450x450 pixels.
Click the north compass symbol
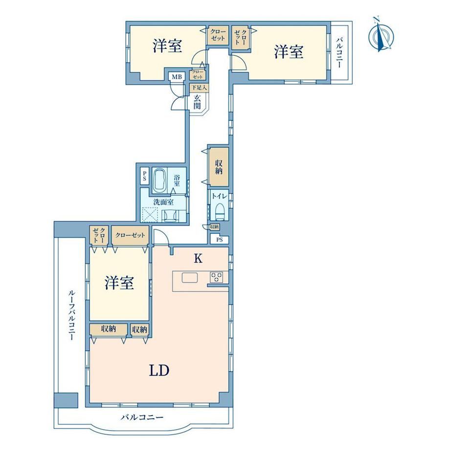point(381,34)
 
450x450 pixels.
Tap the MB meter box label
point(177,77)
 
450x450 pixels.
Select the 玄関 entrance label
point(197,102)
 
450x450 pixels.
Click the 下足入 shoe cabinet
point(199,88)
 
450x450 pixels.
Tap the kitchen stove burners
point(216,277)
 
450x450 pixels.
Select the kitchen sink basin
point(190,278)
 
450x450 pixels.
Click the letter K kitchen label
point(198,258)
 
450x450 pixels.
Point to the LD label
point(159,370)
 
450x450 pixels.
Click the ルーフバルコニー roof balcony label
point(71,315)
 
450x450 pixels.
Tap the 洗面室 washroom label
point(163,202)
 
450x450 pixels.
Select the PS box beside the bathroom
point(144,176)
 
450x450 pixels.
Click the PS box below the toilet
point(219,239)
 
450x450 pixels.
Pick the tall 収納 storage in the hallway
point(219,167)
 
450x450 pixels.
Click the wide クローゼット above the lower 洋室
point(130,235)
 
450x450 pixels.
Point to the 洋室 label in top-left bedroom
point(167,45)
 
